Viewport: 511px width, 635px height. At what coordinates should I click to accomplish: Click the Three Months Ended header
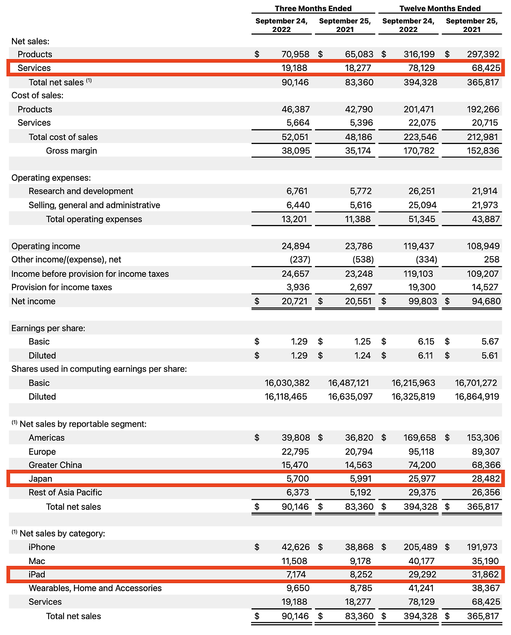[313, 8]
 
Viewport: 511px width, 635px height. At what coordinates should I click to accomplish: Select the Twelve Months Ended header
[440, 8]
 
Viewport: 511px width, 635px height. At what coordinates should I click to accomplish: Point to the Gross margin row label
[71, 151]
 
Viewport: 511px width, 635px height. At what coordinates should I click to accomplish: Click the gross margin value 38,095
[295, 151]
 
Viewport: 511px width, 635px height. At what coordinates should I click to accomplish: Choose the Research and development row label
[81, 191]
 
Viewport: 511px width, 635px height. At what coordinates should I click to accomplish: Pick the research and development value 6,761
[297, 191]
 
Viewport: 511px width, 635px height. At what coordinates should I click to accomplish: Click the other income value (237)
[300, 260]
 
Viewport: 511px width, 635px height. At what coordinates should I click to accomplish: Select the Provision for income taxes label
[61, 287]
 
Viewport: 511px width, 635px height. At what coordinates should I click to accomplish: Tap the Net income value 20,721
[295, 301]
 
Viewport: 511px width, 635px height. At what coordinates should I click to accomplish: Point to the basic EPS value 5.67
[490, 341]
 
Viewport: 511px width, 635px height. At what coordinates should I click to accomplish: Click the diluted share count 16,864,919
[477, 396]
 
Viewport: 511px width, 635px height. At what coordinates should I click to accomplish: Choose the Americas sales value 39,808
[295, 438]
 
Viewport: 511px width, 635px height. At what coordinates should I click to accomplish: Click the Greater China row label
[55, 465]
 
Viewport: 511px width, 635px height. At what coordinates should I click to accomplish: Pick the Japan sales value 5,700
[297, 479]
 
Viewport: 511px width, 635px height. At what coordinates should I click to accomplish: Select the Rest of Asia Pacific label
[65, 493]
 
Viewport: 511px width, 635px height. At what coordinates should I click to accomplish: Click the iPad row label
[37, 574]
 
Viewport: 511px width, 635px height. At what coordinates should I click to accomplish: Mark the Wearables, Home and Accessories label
[95, 588]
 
